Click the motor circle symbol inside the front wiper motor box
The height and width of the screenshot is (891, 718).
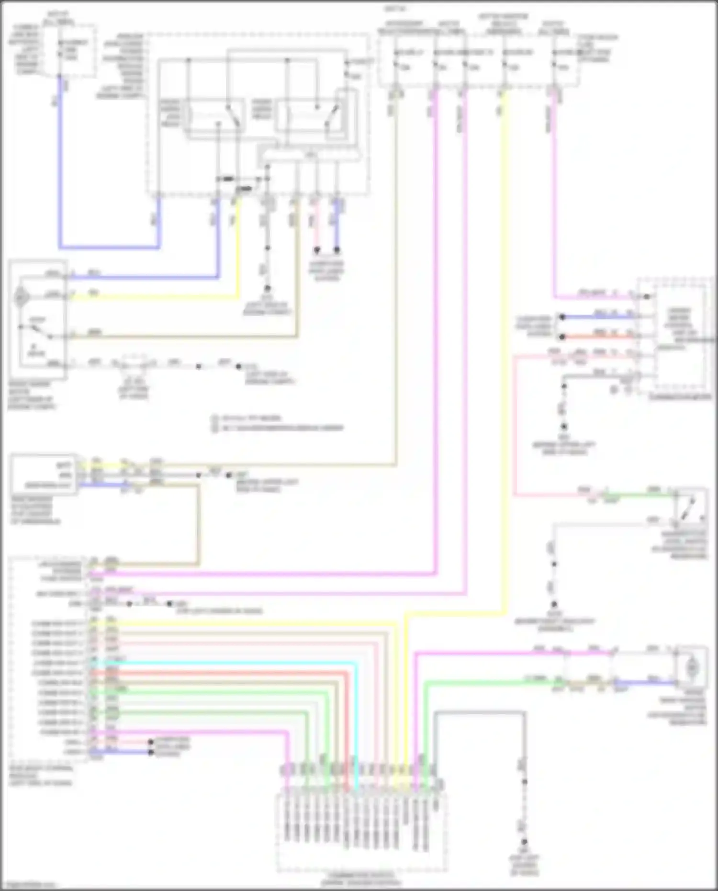pyautogui.click(x=20, y=297)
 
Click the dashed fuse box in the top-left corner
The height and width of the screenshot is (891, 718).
pyautogui.click(x=69, y=51)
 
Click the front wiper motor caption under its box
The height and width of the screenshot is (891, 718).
pyautogui.click(x=32, y=395)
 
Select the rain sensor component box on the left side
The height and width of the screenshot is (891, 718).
pyautogui.click(x=43, y=474)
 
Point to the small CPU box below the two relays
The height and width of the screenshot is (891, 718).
pyautogui.click(x=310, y=155)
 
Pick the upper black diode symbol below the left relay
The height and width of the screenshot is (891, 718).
pyautogui.click(x=225, y=179)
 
